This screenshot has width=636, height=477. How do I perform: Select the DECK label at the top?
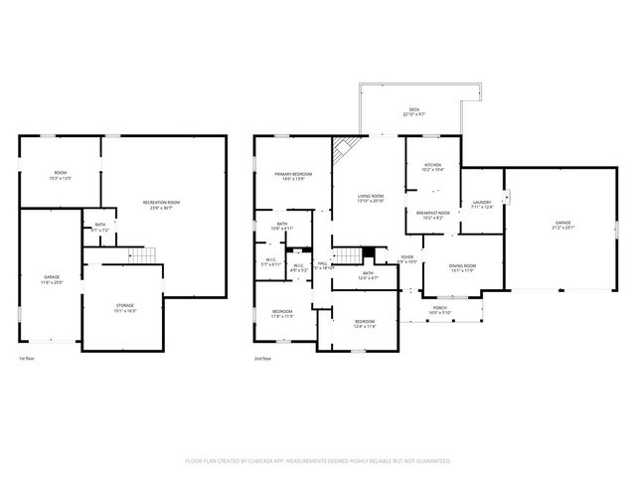(x=413, y=112)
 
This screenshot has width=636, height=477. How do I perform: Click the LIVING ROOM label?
(x=371, y=198)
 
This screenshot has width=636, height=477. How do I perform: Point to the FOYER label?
(x=407, y=259)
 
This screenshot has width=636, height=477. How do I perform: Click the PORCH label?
(x=439, y=311)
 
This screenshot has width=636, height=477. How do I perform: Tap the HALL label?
(x=322, y=265)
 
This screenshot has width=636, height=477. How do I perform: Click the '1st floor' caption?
(x=28, y=358)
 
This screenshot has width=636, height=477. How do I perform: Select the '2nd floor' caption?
(x=263, y=358)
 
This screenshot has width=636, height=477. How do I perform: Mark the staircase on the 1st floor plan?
(x=145, y=254)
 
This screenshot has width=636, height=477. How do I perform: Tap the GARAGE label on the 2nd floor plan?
(x=562, y=226)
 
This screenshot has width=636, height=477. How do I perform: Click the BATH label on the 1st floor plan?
(x=100, y=227)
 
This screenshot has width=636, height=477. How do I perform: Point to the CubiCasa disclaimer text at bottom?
(x=318, y=461)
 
